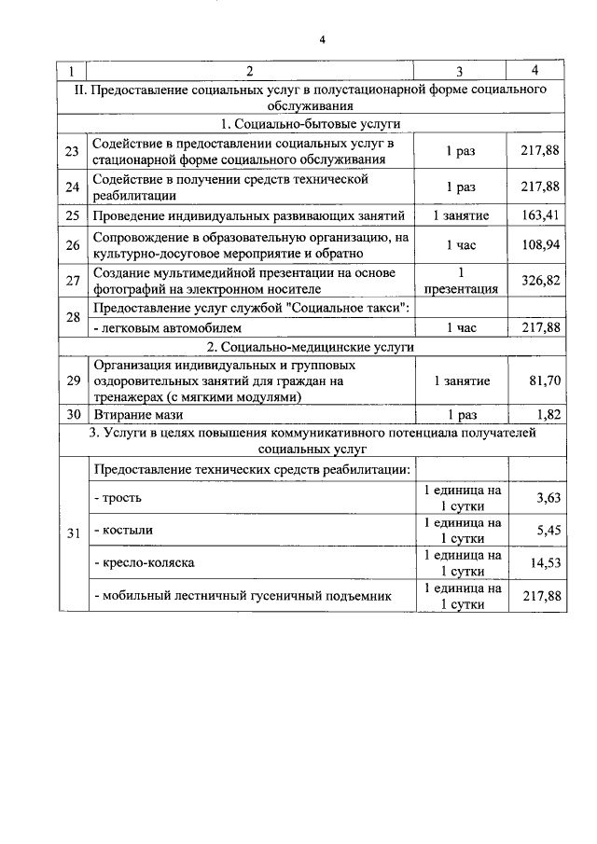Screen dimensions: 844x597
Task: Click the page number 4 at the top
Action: pyautogui.click(x=321, y=39)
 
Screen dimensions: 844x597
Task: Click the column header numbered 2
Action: pyautogui.click(x=249, y=72)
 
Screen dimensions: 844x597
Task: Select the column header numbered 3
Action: pyautogui.click(x=459, y=72)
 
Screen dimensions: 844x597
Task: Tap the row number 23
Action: pyautogui.click(x=73, y=152)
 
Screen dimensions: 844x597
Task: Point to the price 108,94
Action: pyautogui.click(x=539, y=245)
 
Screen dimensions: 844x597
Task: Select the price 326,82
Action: pyautogui.click(x=539, y=280)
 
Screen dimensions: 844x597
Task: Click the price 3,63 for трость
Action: pyautogui.click(x=548, y=498)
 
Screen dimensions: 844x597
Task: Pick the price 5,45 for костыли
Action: pyautogui.click(x=548, y=531)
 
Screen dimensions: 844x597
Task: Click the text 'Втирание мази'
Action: pyautogui.click(x=137, y=414)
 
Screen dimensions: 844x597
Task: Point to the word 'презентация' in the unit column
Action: pyautogui.click(x=459, y=289)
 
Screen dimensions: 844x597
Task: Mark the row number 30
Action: pyautogui.click(x=73, y=414)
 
